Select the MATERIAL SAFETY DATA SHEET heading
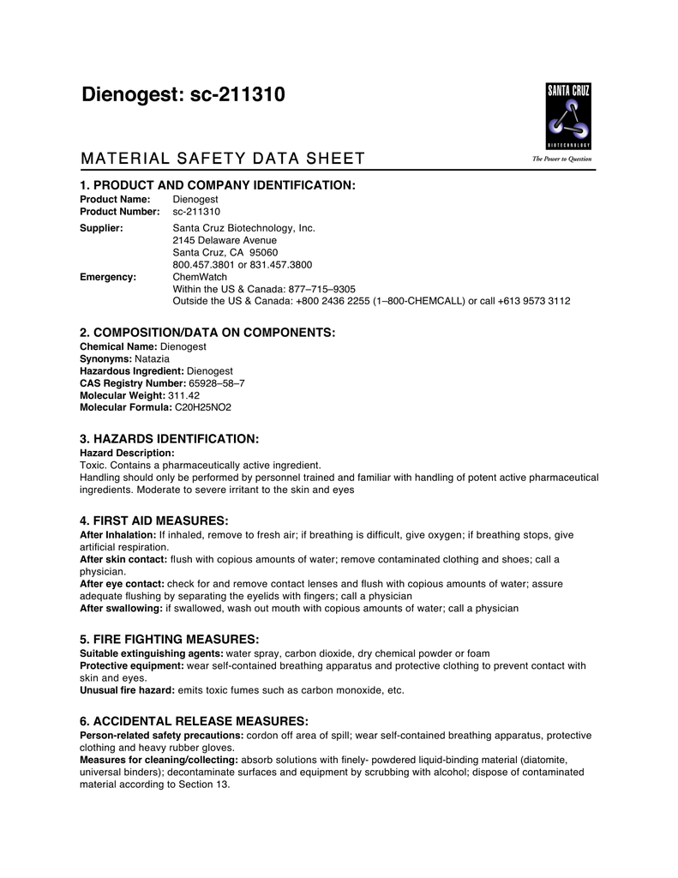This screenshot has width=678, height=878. [222, 159]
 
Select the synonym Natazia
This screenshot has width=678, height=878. [153, 358]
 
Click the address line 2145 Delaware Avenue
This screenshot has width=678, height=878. [225, 241]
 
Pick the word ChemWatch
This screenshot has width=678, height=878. [200, 277]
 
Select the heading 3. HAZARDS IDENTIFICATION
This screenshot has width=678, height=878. [169, 439]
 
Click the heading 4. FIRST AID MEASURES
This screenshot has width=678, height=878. [154, 520]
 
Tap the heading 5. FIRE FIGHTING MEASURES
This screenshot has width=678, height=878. [169, 640]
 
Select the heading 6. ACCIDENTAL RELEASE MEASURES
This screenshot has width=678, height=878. [194, 721]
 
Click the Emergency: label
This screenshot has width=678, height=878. [108, 277]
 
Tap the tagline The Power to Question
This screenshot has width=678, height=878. [562, 159]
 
